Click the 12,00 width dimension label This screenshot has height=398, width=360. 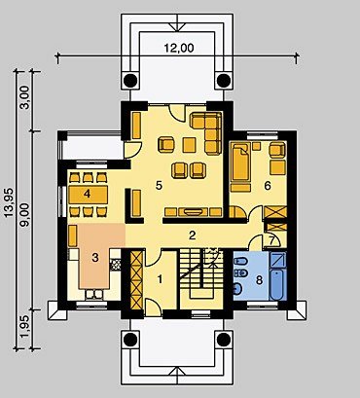click(179, 48)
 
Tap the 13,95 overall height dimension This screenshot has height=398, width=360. click(10, 202)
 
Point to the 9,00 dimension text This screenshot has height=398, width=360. click(25, 215)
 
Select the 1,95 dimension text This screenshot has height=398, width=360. click(25, 326)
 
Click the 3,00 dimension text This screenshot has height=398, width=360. click(25, 97)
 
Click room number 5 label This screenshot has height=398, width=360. click(159, 186)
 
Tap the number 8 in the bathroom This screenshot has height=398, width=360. click(259, 280)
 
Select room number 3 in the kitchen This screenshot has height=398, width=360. click(95, 258)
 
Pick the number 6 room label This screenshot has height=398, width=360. click(268, 186)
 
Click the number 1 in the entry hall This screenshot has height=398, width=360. click(160, 279)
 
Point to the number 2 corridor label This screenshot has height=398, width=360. click(193, 235)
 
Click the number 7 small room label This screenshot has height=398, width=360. click(271, 240)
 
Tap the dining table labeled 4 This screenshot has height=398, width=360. click(88, 195)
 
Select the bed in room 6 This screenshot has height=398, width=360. click(240, 167)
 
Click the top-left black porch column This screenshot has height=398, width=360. click(131, 80)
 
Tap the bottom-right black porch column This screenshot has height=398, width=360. click(224, 340)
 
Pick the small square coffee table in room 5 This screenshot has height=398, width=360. click(189, 145)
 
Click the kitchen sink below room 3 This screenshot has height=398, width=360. click(94, 294)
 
